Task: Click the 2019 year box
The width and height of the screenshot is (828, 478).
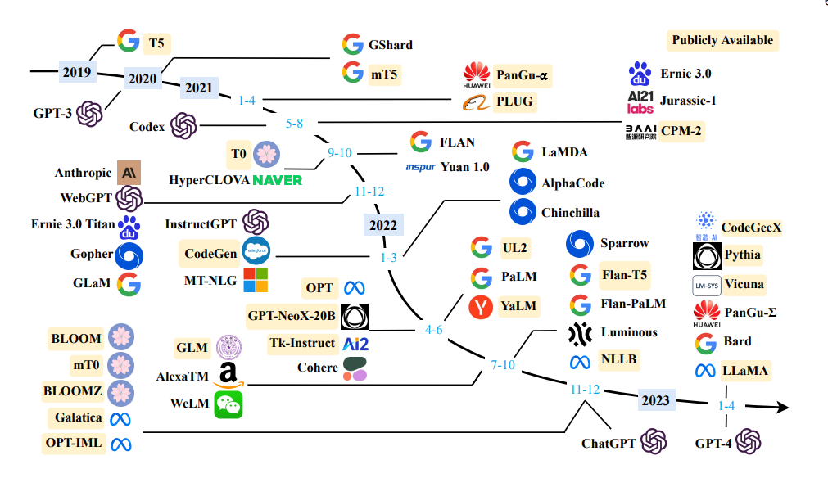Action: (x=77, y=72)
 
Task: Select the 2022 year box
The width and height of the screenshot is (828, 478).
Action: (x=383, y=225)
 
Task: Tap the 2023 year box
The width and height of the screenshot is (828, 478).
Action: (x=656, y=400)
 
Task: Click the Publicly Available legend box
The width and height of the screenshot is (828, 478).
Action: (x=722, y=40)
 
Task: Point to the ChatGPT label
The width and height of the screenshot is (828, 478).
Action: (x=609, y=444)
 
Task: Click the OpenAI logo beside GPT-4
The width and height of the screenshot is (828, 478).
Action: (x=749, y=442)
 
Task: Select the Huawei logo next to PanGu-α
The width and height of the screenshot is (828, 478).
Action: (x=477, y=75)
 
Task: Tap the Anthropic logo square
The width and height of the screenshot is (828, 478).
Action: (x=129, y=173)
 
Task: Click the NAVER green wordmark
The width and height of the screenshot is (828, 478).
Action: (x=278, y=180)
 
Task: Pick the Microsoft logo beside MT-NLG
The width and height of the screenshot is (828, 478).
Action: (x=256, y=280)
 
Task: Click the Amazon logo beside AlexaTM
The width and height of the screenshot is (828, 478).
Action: (x=228, y=375)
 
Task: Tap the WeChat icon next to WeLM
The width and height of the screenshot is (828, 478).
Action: (x=228, y=404)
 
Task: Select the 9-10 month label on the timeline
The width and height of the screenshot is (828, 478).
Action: (x=340, y=153)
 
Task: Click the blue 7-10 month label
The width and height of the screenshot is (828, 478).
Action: (x=503, y=364)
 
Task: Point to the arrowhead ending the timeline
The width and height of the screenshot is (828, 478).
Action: (x=783, y=407)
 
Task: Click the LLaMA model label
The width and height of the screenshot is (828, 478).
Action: (x=745, y=371)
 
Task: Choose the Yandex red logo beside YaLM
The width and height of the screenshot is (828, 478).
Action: (x=481, y=307)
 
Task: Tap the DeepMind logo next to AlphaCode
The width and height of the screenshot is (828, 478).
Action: (x=523, y=182)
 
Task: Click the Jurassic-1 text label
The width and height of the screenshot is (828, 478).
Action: (x=688, y=101)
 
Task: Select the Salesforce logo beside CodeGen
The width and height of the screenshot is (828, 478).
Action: (x=256, y=251)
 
